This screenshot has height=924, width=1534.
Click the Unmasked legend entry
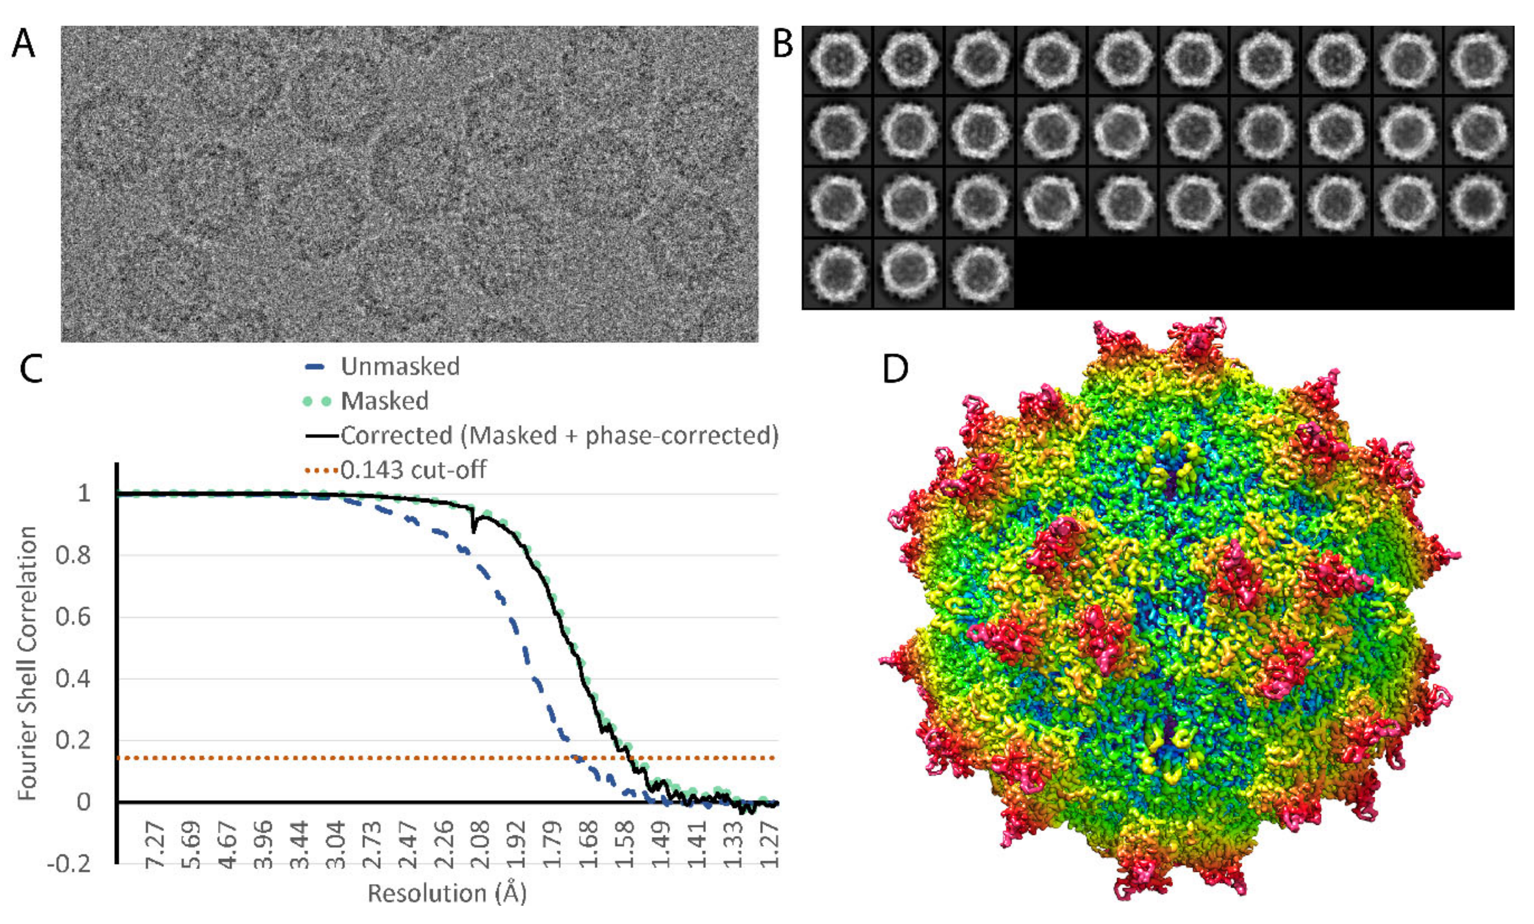[x=400, y=367]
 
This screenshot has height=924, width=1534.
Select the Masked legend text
[x=384, y=401]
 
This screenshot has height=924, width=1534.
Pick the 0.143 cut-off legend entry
[x=413, y=469]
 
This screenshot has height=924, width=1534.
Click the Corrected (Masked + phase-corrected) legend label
[x=558, y=435]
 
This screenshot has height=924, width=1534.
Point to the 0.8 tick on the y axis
[x=74, y=555]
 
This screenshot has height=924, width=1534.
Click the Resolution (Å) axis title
[x=447, y=893]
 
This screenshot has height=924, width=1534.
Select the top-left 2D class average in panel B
[x=837, y=61]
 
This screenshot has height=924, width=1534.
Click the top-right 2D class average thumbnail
[x=1479, y=61]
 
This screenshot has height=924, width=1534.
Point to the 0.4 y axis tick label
[x=74, y=678]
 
